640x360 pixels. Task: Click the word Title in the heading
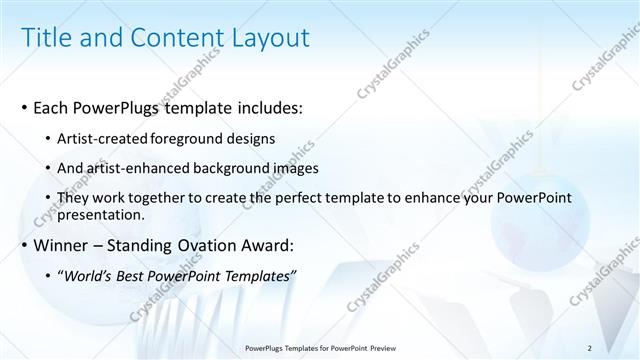coord(48,37)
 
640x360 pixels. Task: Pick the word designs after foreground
coord(253,138)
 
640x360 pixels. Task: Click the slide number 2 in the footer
coord(590,347)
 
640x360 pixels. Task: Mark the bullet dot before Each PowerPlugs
coord(24,108)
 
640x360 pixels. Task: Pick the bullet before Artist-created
coord(50,139)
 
